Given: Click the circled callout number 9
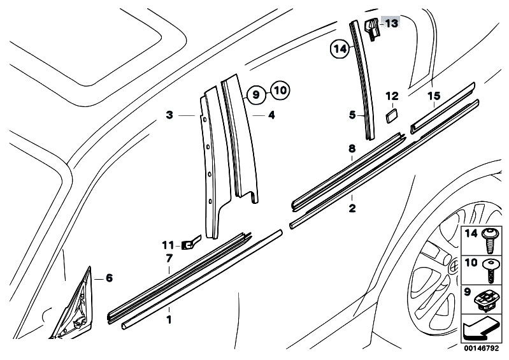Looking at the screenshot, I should (255, 94).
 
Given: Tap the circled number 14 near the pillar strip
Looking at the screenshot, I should (340, 47).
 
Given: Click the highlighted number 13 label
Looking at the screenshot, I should (391, 24).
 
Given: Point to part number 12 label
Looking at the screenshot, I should (392, 96).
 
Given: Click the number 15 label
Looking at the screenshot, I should (434, 96).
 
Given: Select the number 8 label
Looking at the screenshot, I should (351, 148).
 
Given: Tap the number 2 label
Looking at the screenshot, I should (352, 208).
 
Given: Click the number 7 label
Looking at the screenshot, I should (169, 258).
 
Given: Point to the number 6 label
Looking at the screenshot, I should (108, 278).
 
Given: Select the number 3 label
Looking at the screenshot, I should (169, 115).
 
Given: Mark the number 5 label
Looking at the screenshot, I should (351, 115).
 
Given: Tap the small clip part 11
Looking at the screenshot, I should (189, 243).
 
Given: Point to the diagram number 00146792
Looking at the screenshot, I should (482, 349).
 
